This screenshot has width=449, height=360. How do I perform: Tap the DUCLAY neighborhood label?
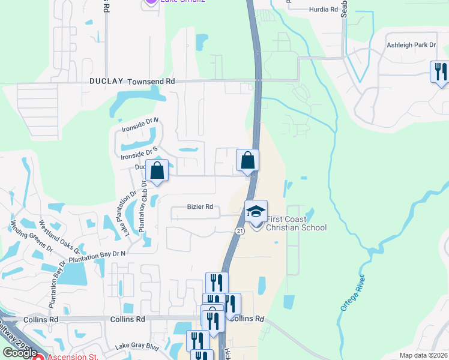tap(106, 81)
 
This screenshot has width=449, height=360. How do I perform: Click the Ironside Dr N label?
tap(139, 124)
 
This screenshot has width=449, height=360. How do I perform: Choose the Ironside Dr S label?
tap(139, 152)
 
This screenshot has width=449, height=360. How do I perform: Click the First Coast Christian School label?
tap(296, 223)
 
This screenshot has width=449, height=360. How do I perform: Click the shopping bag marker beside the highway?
tap(247, 161)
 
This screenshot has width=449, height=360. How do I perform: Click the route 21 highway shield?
tap(240, 231)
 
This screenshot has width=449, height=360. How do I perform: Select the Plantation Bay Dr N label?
tap(97, 257)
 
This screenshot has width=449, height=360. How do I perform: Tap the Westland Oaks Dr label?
tap(56, 238)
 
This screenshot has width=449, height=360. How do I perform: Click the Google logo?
tap(20, 352)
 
